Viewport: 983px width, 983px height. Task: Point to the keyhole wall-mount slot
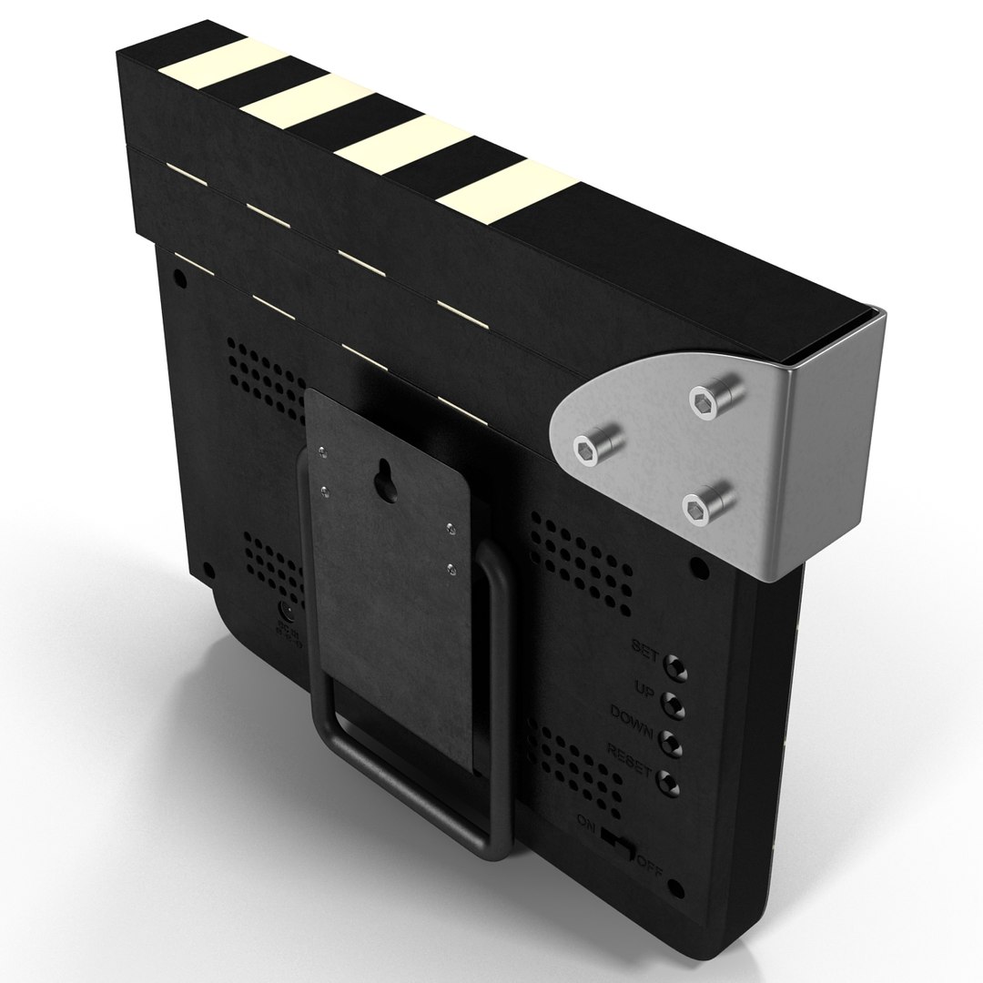point(386,483)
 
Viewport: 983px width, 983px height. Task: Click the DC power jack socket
point(284,609)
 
